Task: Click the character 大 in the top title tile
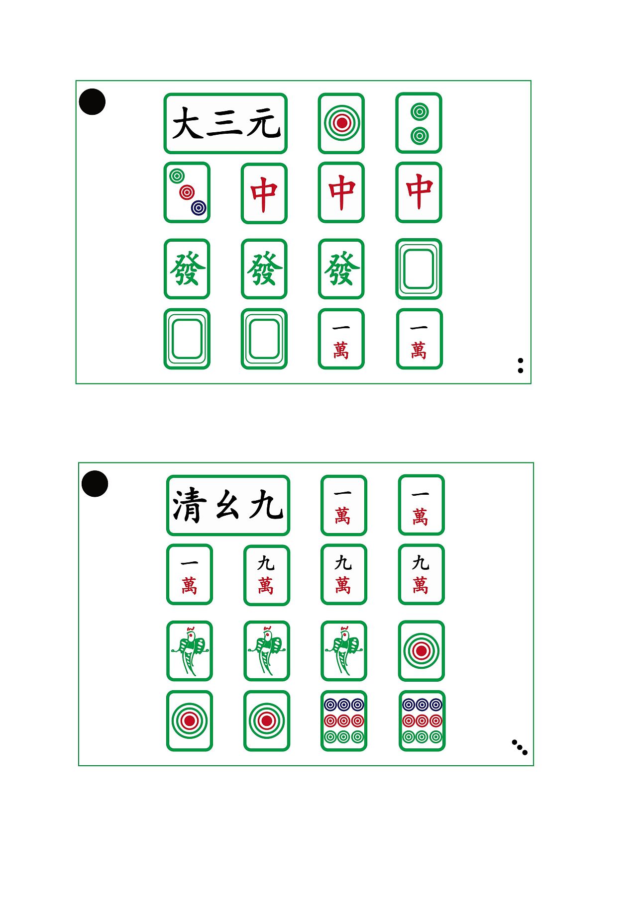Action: pos(188,123)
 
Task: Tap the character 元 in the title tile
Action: pos(264,123)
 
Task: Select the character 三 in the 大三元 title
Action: pos(225,123)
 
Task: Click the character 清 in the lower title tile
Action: pos(190,505)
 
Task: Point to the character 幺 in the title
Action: pos(227,506)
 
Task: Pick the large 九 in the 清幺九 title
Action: pos(266,505)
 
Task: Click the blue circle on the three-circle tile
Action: pos(199,207)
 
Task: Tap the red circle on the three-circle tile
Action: pos(187,192)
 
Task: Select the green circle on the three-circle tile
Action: pos(177,176)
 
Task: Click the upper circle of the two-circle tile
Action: pos(420,112)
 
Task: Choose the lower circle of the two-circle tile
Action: pos(420,135)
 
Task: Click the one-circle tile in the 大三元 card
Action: pos(341,123)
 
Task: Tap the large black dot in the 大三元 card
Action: pos(93,102)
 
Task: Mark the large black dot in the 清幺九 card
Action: pos(95,484)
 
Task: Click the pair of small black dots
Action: pos(521,365)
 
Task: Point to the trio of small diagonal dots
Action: pos(520,747)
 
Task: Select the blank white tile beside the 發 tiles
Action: pos(419,269)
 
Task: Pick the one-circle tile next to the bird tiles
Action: pos(421,651)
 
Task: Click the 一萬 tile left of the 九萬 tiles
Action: pos(190,574)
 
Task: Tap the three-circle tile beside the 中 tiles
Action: pos(187,192)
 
